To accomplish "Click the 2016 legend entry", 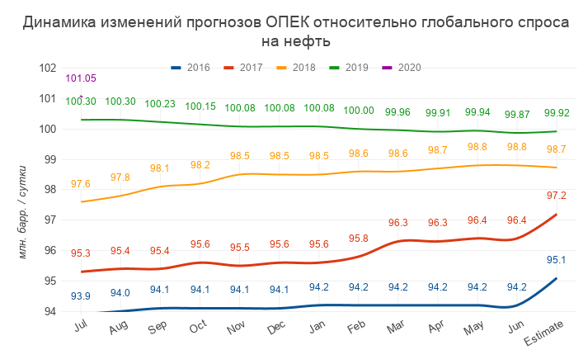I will click(191, 68).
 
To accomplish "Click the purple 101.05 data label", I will click(81, 78).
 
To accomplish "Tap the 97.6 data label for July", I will click(81, 184).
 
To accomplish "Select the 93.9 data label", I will click(81, 296).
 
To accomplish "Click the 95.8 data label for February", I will click(359, 239).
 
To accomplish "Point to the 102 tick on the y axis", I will click(48, 68).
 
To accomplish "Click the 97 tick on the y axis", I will click(48, 220).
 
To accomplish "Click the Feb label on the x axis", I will click(358, 327).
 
